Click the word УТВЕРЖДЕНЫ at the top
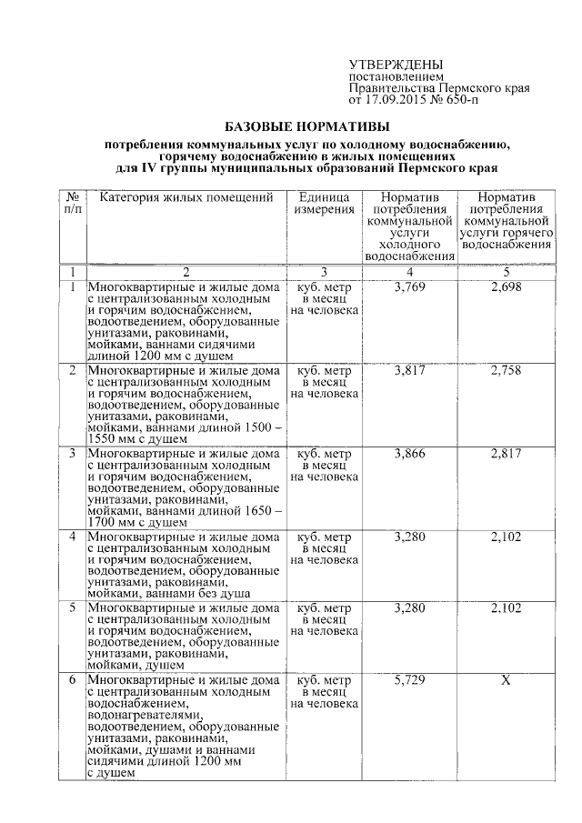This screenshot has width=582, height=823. (396, 65)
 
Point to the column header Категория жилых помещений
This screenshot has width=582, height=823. (186, 197)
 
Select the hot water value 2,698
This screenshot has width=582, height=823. (506, 289)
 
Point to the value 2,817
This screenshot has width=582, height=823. (506, 453)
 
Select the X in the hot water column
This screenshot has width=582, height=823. (506, 680)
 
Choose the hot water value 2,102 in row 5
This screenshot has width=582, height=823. (506, 607)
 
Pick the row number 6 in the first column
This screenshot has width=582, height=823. (73, 680)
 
